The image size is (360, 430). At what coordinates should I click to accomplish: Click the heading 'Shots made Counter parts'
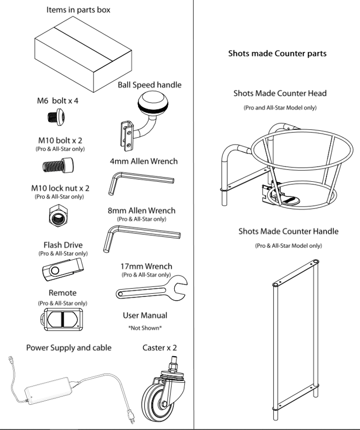(x=277, y=53)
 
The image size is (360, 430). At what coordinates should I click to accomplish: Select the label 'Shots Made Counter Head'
(x=280, y=93)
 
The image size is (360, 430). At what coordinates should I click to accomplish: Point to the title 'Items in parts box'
(x=78, y=10)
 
